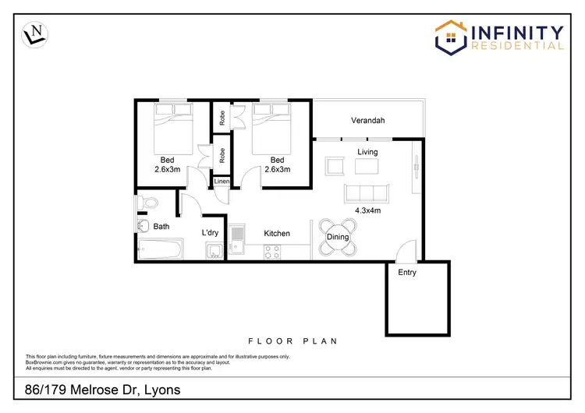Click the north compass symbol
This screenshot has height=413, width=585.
pyautogui.click(x=34, y=34)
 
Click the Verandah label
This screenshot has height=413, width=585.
pyautogui.click(x=367, y=121)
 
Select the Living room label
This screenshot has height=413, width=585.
pyautogui.click(x=367, y=152)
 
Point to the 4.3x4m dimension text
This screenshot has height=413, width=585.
pyautogui.click(x=367, y=210)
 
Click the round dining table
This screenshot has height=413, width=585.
pyautogui.click(x=337, y=237)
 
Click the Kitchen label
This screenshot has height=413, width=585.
pyautogui.click(x=277, y=233)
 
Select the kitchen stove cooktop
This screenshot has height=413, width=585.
pyautogui.click(x=273, y=251)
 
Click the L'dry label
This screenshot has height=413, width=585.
pyautogui.click(x=210, y=233)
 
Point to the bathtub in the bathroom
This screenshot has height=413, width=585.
pyautogui.click(x=160, y=250)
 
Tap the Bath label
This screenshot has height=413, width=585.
pyautogui.click(x=161, y=227)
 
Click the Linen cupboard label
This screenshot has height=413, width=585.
pyautogui.click(x=222, y=182)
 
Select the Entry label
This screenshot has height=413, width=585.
pyautogui.click(x=407, y=273)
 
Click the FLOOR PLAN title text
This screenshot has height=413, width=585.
pyautogui.click(x=292, y=341)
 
